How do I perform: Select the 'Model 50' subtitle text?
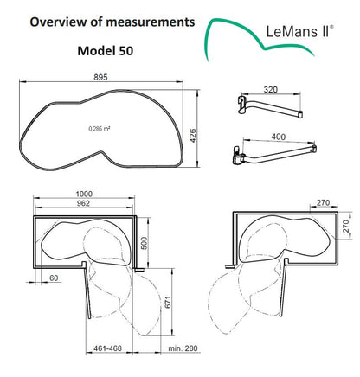point(107,51)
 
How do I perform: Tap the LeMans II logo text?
point(297,33)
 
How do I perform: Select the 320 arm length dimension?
point(271,89)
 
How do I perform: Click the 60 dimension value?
point(54,278)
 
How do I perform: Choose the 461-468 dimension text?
point(108,348)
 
